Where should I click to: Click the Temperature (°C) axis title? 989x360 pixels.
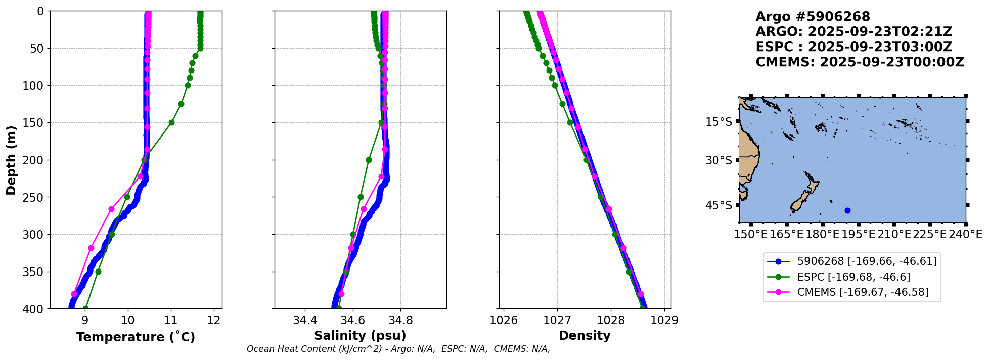pyautogui.click(x=136, y=337)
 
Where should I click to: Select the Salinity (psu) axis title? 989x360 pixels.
pyautogui.click(x=360, y=336)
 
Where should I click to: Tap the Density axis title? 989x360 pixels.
pyautogui.click(x=585, y=336)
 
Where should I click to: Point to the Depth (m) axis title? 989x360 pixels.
pyautogui.click(x=11, y=160)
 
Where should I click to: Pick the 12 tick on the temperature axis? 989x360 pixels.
pyautogui.click(x=214, y=320)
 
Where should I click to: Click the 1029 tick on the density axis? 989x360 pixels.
pyautogui.click(x=664, y=320)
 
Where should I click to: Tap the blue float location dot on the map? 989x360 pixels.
pyautogui.click(x=847, y=210)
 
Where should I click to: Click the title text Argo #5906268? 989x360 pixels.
pyautogui.click(x=813, y=17)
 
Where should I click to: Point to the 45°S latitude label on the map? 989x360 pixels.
pyautogui.click(x=718, y=205)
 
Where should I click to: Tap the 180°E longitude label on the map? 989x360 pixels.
pyautogui.click(x=823, y=235)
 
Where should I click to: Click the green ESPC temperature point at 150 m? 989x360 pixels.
pyautogui.click(x=171, y=122)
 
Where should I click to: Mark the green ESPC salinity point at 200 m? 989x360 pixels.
pyautogui.click(x=369, y=160)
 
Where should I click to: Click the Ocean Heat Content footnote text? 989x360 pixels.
pyautogui.click(x=398, y=349)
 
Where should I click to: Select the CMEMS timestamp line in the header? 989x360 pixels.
pyautogui.click(x=860, y=62)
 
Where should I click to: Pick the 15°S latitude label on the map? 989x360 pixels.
pyautogui.click(x=718, y=122)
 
